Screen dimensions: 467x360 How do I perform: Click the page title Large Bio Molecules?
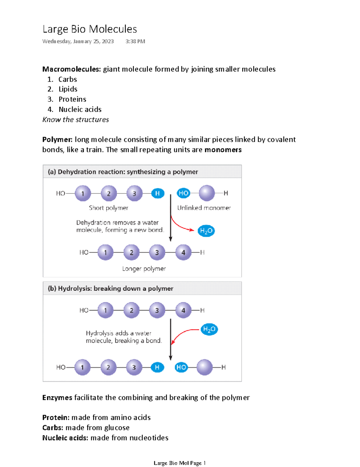90,29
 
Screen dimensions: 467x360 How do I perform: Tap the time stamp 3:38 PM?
135,41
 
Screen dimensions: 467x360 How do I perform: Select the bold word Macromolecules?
71,69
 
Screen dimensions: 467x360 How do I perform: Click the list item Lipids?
68,89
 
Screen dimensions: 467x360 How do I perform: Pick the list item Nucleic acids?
80,109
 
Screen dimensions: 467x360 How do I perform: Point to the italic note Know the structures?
76,119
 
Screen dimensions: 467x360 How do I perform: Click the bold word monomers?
223,150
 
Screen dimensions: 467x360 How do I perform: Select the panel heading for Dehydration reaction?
123,172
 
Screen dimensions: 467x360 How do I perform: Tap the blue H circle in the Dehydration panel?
157,193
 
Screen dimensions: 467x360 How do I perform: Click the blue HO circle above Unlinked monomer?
183,193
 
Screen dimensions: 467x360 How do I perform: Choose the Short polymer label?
109,208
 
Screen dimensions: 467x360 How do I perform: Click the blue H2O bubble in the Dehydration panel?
206,231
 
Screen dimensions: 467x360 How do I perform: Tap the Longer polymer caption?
144,269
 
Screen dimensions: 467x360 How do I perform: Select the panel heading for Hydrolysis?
110,288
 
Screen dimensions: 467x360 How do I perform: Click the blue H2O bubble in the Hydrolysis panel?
209,329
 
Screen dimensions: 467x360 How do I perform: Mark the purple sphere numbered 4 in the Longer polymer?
183,252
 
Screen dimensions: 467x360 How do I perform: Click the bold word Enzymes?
57,398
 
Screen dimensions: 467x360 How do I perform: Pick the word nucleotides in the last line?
149,438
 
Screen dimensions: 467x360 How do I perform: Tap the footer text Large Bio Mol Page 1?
179,463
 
